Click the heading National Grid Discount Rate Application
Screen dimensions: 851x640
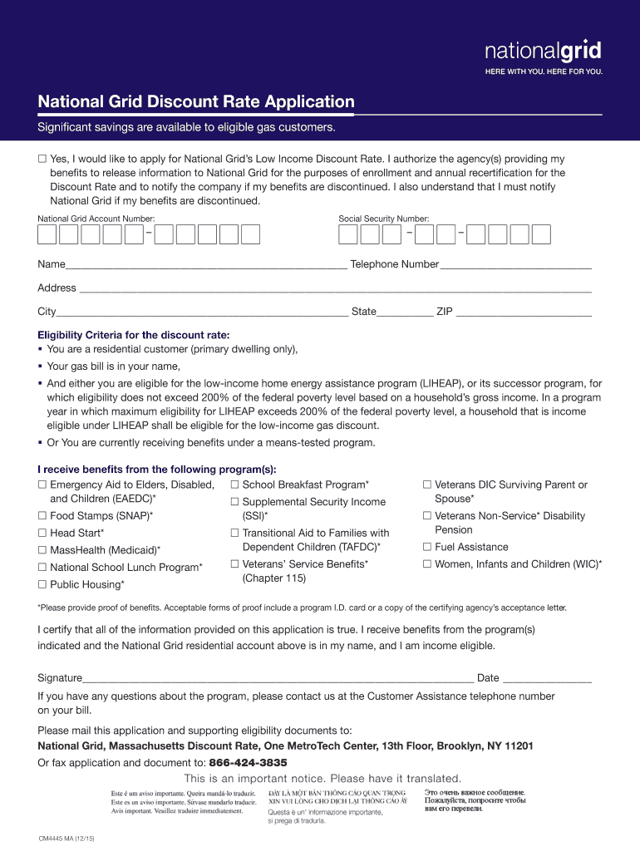196,102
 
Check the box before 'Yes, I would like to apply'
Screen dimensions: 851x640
42,159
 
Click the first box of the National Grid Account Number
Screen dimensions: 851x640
47,234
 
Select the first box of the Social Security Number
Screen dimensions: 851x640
348,234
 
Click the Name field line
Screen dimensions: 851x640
206,266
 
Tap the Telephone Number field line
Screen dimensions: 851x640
515,266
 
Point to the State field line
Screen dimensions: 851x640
405,313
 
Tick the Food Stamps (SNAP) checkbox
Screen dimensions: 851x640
42,516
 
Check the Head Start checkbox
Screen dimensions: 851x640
42,534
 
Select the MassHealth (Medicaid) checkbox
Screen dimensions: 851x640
42,550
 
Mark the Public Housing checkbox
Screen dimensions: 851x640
42,585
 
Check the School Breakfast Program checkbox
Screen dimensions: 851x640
235,485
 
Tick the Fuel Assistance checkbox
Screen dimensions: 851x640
427,547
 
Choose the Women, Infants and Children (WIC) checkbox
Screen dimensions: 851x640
427,564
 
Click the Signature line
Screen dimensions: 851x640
278,679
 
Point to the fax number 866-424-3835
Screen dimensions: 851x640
248,763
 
